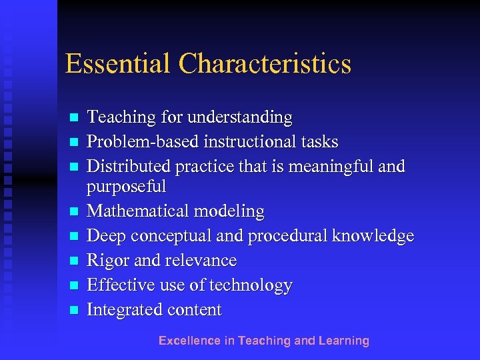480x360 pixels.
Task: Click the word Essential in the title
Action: [117, 64]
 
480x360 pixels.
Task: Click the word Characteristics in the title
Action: [265, 64]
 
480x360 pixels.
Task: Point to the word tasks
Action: [319, 142]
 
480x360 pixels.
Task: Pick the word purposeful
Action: [127, 187]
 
